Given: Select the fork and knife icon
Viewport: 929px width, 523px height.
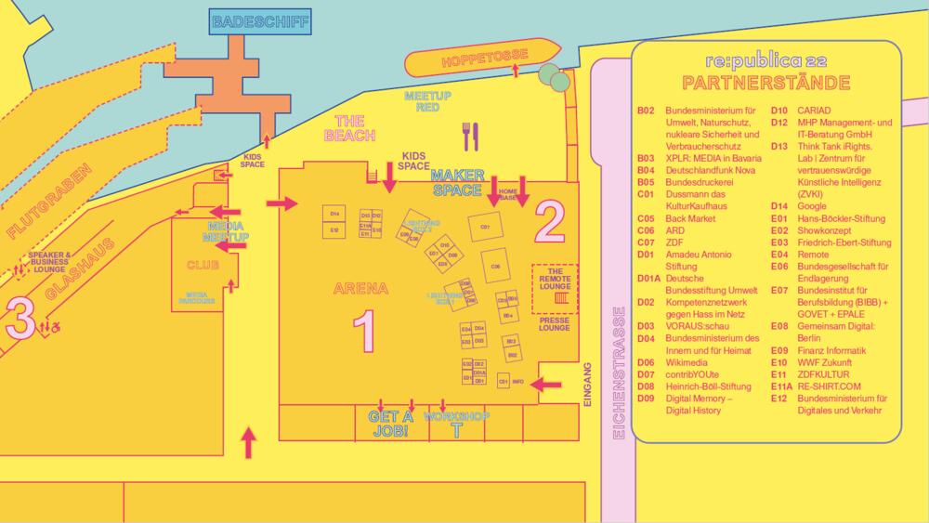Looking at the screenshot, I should coord(470,136).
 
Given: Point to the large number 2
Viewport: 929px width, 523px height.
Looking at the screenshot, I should coord(550,220).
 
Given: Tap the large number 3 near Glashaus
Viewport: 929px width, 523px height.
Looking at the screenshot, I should coord(21,318).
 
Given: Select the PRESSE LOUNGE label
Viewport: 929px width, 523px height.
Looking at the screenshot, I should coord(555,324).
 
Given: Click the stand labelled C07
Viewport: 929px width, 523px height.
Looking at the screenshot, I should coord(484,227).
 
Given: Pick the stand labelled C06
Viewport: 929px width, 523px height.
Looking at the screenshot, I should coord(495,266).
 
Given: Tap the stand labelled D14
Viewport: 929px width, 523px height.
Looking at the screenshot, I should coord(334,215).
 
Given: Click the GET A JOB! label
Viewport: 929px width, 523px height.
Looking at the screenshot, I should coord(389,424).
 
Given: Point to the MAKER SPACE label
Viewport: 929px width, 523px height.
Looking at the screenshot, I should coord(458,181).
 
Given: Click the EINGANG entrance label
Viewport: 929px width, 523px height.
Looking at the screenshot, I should coord(586,384).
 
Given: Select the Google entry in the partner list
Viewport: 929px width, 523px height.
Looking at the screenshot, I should coord(811,205).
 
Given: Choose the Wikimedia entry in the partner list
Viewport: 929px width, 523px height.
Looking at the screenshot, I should coord(687,362).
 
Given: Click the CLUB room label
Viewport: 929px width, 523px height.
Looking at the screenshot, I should coord(203,265).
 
